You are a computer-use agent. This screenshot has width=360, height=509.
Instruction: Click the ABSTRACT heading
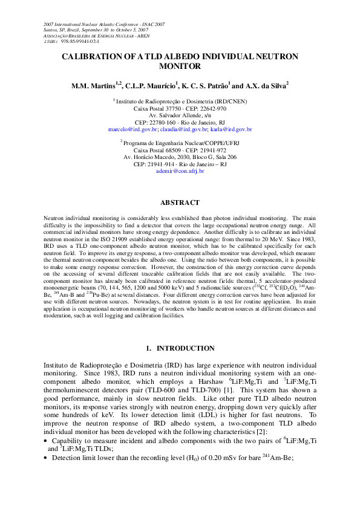(180, 203)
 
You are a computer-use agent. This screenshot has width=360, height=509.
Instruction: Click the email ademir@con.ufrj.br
(180, 171)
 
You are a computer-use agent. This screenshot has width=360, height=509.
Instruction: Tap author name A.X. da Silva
(263, 86)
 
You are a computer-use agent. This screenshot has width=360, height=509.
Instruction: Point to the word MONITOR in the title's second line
(180, 66)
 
